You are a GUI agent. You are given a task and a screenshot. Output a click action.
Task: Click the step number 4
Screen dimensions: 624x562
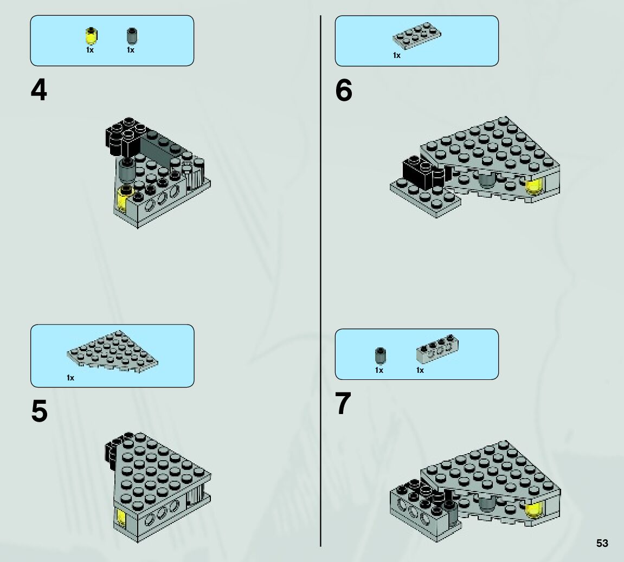pos(38,90)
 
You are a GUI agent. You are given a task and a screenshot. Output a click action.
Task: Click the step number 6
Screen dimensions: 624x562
pos(343,90)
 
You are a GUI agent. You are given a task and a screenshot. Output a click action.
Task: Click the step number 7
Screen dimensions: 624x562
pos(343,403)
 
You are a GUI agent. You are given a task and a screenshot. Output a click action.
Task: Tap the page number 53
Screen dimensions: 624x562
pos(602,543)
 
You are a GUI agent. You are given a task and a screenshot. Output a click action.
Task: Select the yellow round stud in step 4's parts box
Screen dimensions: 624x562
pos(92,36)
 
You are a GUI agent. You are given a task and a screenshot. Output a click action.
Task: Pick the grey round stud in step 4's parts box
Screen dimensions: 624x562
pos(132,36)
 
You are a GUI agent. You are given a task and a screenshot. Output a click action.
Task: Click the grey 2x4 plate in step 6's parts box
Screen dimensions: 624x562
pos(417,36)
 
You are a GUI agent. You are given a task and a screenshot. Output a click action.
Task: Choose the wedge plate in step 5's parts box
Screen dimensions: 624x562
pos(113,348)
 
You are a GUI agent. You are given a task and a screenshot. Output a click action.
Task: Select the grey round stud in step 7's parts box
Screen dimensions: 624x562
pos(381,356)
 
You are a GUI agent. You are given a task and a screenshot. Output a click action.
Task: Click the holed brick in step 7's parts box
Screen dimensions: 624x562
pos(438,349)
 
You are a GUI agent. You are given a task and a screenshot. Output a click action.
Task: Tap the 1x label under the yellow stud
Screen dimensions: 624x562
pos(90,50)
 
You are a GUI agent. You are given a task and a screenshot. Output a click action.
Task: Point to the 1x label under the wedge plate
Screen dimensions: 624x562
pos(70,378)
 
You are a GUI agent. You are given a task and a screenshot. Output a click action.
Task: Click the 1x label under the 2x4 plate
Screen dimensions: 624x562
pos(397,56)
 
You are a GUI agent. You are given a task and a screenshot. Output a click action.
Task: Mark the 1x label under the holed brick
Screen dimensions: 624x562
pos(420,370)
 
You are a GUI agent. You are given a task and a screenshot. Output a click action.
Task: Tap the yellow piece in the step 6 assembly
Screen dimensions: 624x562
pos(535,186)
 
